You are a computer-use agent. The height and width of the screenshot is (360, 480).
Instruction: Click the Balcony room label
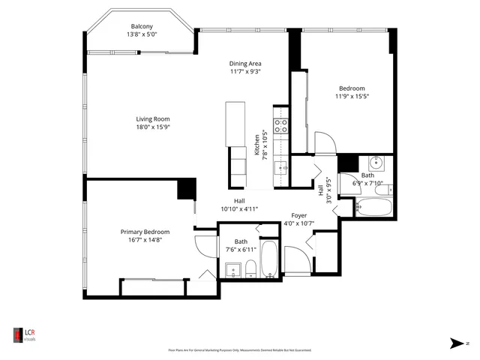click(x=142, y=26)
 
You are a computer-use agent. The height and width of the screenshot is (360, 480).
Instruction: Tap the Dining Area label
click(x=244, y=64)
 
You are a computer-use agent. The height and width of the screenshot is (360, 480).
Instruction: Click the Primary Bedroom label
click(x=145, y=232)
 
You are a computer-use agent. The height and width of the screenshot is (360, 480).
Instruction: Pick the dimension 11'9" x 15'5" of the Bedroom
click(x=352, y=96)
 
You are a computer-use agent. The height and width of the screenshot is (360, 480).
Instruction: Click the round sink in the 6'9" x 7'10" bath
click(x=376, y=163)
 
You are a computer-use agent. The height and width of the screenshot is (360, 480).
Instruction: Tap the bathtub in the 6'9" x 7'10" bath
click(x=372, y=205)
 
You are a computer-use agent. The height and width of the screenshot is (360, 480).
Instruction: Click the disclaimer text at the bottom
click(x=239, y=349)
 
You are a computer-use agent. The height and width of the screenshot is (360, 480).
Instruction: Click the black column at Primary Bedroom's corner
click(x=186, y=188)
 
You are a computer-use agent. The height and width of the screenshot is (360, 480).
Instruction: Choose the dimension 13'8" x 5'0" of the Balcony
click(x=142, y=34)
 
